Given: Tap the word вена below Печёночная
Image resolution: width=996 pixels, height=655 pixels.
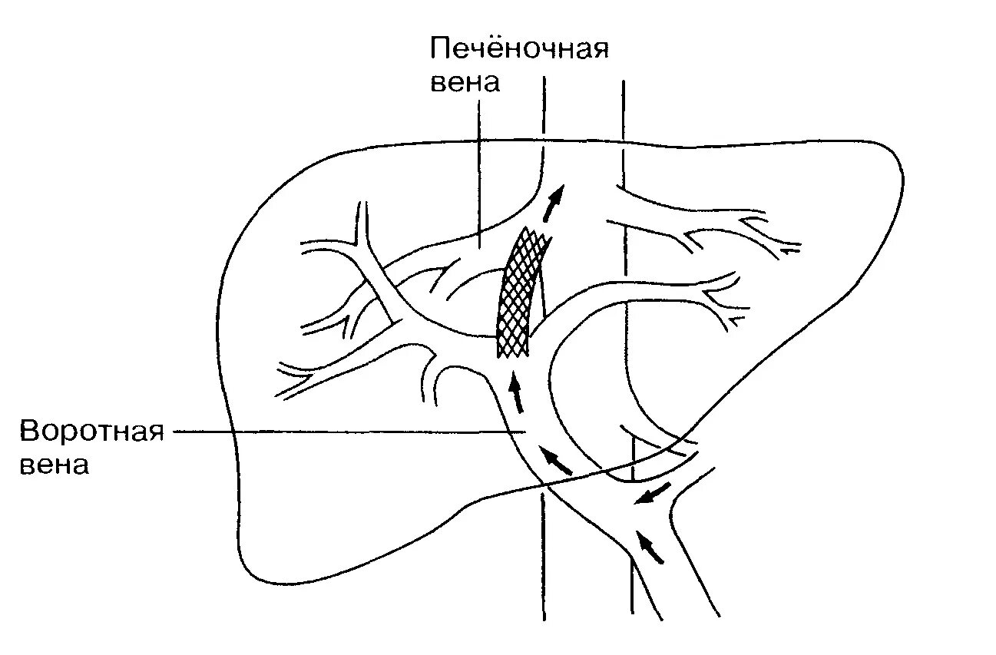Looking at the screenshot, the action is pyautogui.click(x=464, y=83).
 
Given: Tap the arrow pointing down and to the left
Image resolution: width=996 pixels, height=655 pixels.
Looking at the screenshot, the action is pyautogui.click(x=650, y=495).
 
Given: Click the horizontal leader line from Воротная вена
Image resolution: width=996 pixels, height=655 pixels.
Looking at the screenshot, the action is pyautogui.click(x=346, y=432).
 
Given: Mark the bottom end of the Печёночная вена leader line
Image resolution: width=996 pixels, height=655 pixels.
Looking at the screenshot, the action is pyautogui.click(x=479, y=247).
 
